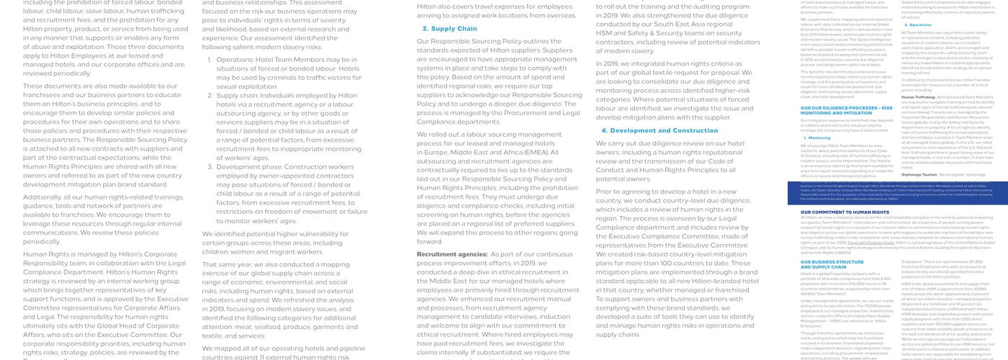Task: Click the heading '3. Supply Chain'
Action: (x=449, y=29)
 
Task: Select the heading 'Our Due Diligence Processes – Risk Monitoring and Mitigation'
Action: (x=836, y=110)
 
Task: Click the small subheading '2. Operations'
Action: (x=917, y=24)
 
